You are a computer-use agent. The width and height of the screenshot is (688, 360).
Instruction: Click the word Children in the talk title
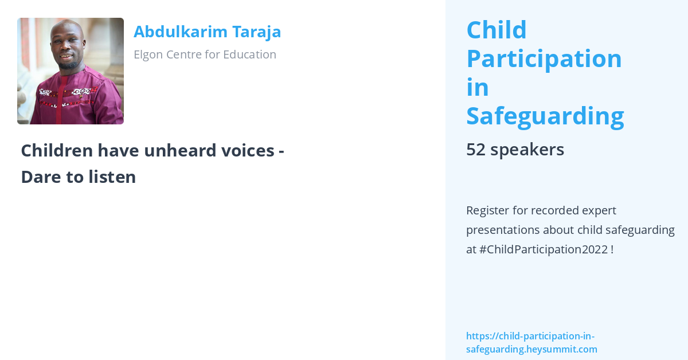click(57, 151)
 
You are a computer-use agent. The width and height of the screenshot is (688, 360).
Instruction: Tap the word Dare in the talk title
click(38, 177)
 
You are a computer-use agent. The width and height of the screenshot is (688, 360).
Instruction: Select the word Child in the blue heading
click(497, 30)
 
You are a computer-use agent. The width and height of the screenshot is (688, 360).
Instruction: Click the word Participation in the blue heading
click(544, 58)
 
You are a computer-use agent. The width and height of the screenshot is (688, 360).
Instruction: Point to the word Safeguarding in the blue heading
click(545, 116)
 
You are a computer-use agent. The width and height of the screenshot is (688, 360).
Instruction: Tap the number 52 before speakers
click(476, 150)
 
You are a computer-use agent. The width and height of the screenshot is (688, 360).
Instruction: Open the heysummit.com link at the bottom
click(531, 343)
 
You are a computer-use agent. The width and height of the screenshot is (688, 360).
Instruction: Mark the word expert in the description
click(596, 210)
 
